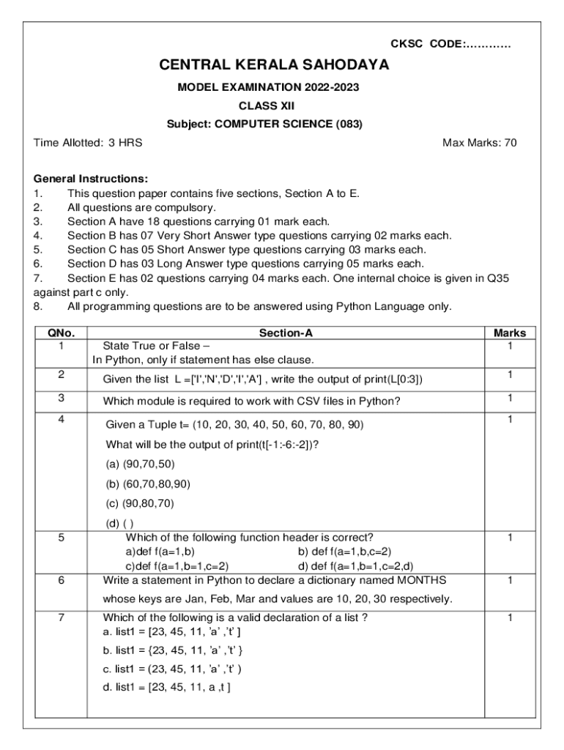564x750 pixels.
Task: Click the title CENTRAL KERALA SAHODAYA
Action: (274, 65)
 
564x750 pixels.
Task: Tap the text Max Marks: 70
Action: (480, 143)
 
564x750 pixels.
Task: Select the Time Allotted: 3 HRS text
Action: (89, 143)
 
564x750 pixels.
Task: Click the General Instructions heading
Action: (91, 179)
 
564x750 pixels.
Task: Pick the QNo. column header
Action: (61, 333)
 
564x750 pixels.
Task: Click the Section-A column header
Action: (286, 333)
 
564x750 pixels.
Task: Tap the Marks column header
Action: (510, 333)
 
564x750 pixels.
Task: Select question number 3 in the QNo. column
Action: (61, 398)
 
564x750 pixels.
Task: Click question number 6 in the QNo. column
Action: (61, 579)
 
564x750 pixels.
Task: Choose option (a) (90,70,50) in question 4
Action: (141, 464)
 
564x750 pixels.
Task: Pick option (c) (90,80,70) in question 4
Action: (141, 503)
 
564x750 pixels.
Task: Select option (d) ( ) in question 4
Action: (120, 523)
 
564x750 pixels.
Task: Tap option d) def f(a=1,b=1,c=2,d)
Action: (355, 565)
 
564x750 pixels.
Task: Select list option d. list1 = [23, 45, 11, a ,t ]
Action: (167, 687)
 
